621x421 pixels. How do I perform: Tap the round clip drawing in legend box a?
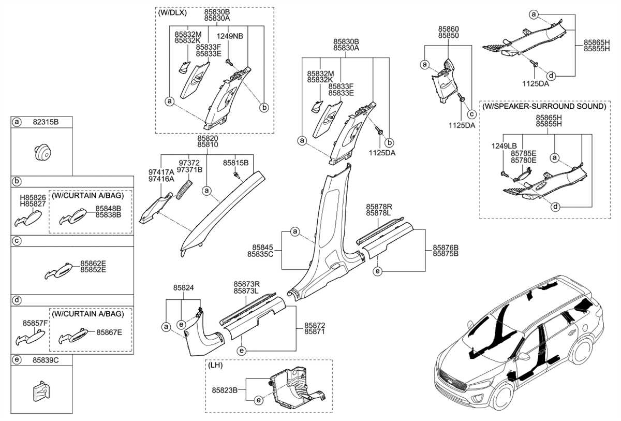42,153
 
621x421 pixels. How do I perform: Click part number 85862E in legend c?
93,263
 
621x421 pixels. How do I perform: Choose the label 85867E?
109,332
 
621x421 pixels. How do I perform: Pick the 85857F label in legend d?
35,323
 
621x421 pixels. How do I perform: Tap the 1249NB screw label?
230,36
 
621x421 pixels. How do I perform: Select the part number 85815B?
236,162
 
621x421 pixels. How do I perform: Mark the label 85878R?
378,206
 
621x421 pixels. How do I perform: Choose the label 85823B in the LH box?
224,389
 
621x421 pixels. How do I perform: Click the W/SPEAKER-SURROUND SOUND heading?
544,106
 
